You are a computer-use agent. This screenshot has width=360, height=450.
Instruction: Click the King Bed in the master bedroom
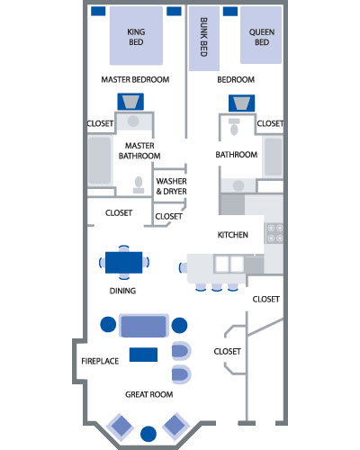[x=136, y=36]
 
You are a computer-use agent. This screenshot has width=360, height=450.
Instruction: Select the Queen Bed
[x=261, y=35]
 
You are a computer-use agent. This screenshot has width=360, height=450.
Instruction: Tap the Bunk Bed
[x=204, y=39]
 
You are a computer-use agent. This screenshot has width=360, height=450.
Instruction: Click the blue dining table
[x=124, y=263]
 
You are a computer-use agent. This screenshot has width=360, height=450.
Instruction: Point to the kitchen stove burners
[x=275, y=233]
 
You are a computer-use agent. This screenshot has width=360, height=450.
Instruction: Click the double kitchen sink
[x=229, y=265]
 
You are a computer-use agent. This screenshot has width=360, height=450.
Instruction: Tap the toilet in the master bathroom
[x=139, y=184]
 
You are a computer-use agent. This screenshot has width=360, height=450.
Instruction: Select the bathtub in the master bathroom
[x=99, y=160]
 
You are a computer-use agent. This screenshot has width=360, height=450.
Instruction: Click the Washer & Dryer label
[x=171, y=186]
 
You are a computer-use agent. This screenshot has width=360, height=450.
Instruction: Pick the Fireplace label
[x=100, y=361]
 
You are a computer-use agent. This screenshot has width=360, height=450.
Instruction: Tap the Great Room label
[x=149, y=394]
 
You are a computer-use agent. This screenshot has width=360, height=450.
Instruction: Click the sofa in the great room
[x=143, y=326]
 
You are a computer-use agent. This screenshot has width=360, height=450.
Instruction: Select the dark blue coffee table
[x=143, y=355]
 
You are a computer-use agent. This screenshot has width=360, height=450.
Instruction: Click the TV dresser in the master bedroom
[x=130, y=102]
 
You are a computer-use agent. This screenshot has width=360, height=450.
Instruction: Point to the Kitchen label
[x=233, y=235]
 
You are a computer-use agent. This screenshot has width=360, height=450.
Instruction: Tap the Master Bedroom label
[x=135, y=79]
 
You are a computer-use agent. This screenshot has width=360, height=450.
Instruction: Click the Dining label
[x=122, y=291]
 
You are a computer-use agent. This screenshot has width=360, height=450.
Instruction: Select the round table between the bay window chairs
[x=148, y=434]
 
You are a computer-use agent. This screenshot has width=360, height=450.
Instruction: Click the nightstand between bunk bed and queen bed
[x=230, y=12]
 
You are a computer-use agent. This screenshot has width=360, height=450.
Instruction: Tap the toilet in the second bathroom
[x=234, y=127]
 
